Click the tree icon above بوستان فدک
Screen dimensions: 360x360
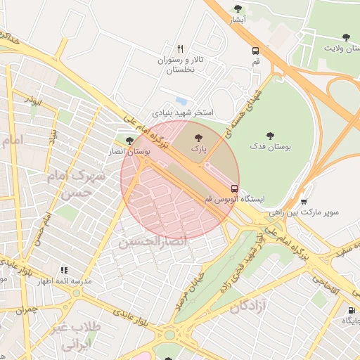(270, 135)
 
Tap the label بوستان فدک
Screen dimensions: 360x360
(269, 148)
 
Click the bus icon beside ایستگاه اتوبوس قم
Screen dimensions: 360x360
(235, 188)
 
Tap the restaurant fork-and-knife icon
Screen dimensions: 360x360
(181, 49)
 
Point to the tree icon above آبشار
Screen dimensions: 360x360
(238, 8)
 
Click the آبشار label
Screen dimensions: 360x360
(238, 20)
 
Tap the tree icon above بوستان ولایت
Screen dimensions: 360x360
(345, 37)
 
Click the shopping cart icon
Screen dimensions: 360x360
(303, 201)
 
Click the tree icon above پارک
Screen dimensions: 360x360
(197, 139)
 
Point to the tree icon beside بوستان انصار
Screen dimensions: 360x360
(129, 141)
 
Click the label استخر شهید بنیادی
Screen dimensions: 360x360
(183, 112)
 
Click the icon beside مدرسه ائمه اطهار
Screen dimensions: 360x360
(64, 270)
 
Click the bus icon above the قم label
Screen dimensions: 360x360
(256, 50)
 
